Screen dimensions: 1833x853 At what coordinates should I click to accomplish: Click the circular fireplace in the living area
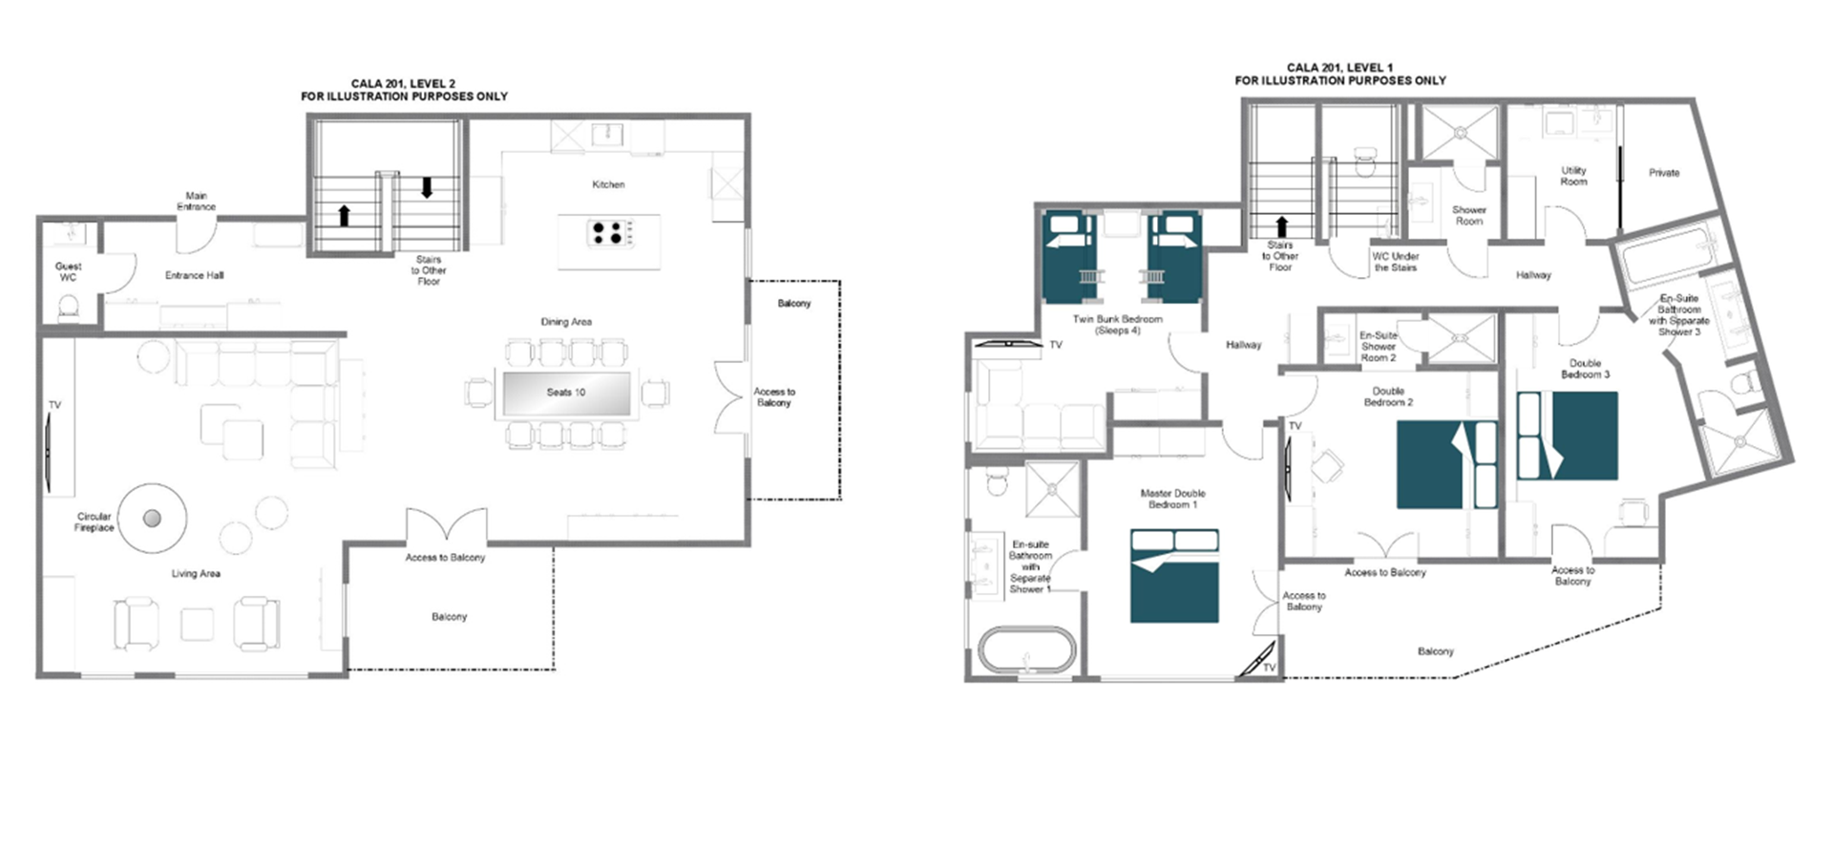click(152, 519)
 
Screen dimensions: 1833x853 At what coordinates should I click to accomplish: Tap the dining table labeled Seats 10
click(566, 393)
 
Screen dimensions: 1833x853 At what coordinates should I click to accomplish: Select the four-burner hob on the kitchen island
click(609, 233)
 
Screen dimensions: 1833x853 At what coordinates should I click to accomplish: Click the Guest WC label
click(68, 272)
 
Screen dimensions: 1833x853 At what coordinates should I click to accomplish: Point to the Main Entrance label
click(196, 201)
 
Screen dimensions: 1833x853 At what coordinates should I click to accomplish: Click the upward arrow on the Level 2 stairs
click(344, 215)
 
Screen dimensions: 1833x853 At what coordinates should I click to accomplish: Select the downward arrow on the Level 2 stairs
click(427, 187)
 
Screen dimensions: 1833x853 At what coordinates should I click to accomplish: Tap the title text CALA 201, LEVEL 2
click(403, 84)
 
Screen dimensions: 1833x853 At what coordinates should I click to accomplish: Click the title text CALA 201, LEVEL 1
click(1339, 68)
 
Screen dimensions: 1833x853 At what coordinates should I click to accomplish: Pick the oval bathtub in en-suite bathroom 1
click(1026, 651)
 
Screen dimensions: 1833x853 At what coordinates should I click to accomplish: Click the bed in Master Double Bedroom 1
click(1174, 576)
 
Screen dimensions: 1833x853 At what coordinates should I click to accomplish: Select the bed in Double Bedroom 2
click(1447, 464)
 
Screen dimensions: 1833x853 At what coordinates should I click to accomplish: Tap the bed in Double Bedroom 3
click(1568, 435)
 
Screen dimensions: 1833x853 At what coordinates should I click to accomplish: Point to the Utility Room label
click(1573, 176)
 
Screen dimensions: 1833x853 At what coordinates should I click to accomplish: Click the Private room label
click(1664, 173)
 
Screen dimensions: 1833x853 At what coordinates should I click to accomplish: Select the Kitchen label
click(608, 184)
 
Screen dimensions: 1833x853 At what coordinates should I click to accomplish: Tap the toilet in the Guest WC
click(69, 307)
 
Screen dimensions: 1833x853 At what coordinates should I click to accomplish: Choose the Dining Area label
click(566, 322)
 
